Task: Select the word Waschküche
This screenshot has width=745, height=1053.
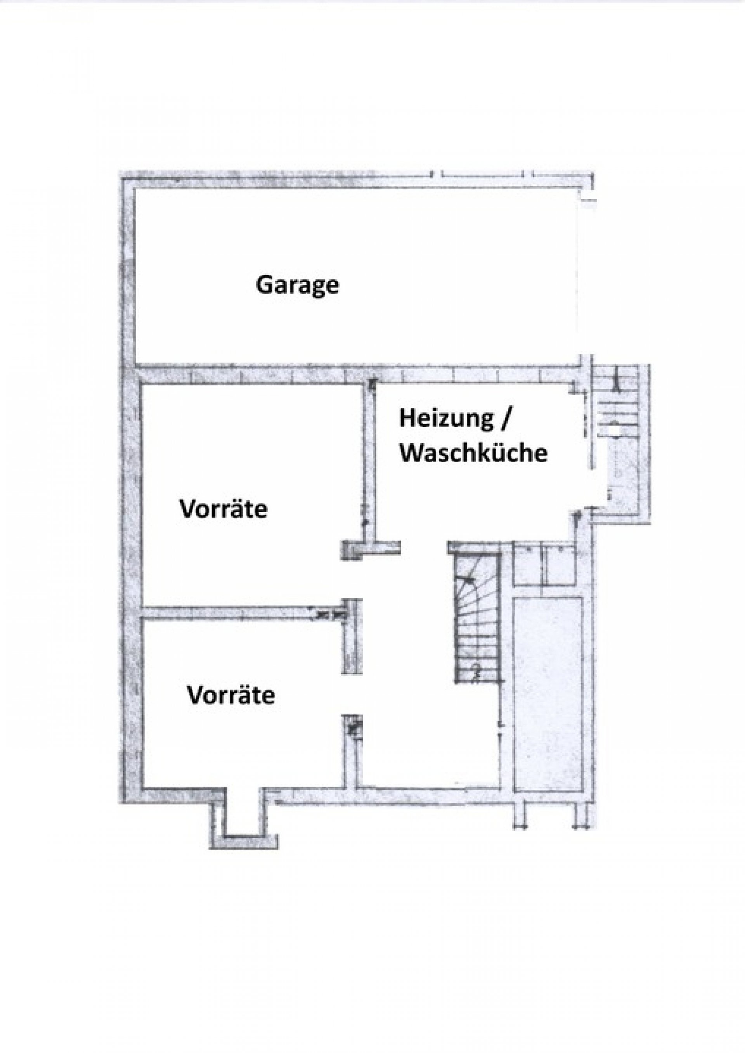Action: pos(473,454)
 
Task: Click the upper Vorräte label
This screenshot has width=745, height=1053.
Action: pos(223,509)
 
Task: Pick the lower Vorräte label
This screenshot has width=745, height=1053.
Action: pos(231,695)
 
